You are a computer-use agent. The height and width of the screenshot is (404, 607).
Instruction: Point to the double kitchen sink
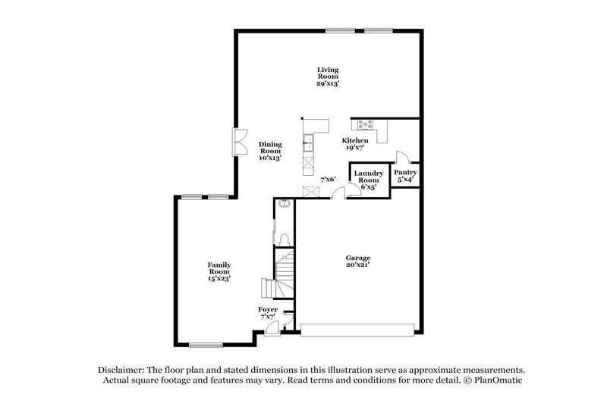tap(309, 142)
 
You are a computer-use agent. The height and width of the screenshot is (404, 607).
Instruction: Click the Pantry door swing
tap(403, 158)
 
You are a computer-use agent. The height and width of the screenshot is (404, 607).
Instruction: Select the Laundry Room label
tap(369, 177)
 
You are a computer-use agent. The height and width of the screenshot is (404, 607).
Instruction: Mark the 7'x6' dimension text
tap(328, 180)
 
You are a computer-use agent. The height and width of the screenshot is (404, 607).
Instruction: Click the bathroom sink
tap(282, 204)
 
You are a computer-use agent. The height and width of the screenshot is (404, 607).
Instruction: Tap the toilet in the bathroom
tap(284, 239)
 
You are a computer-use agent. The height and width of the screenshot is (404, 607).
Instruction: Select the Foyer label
tap(268, 311)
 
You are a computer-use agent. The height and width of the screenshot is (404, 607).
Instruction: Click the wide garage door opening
tap(358, 330)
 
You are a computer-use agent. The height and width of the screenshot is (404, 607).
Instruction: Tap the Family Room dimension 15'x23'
tap(219, 278)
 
